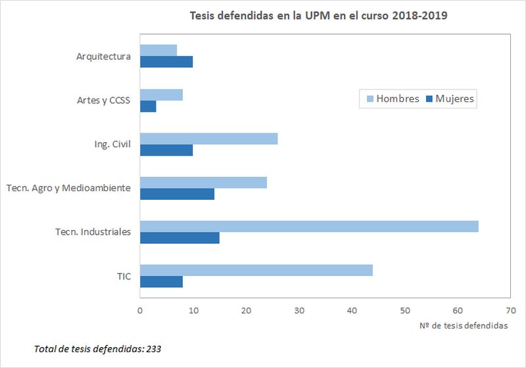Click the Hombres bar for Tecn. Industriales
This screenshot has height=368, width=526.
point(309,226)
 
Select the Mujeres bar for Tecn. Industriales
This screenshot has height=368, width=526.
point(179,238)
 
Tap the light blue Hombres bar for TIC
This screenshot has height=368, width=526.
point(256,270)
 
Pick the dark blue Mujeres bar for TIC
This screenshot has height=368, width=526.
point(161,282)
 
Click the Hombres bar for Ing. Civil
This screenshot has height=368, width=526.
point(208,139)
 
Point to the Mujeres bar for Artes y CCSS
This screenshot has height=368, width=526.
point(148,106)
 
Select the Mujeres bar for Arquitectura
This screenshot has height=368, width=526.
point(166,62)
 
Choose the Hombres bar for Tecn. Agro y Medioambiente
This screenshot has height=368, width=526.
point(203,182)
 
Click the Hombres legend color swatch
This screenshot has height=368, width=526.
point(369,99)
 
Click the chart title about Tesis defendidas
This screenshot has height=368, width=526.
point(318,16)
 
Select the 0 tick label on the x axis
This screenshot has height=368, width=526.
point(140,310)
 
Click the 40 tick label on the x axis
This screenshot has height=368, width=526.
point(352,310)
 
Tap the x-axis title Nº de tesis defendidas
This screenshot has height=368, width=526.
point(463,326)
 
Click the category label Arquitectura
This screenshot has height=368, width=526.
point(103,57)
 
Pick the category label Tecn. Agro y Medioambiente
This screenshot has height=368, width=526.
point(68,188)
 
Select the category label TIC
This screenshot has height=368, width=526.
point(124,276)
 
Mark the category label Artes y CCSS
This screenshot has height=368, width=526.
point(103,101)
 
